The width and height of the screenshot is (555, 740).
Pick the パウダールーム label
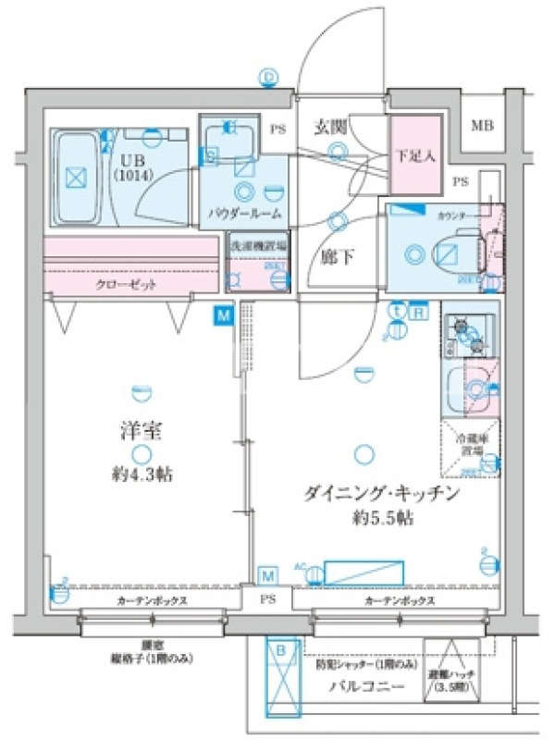[245, 215]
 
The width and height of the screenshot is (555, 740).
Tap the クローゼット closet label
[125, 284]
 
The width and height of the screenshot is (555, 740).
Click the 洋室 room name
[140, 430]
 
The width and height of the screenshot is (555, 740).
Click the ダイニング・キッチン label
[382, 495]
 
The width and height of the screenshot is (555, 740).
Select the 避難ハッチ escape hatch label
[452, 681]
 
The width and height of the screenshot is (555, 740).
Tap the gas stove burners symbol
[467, 334]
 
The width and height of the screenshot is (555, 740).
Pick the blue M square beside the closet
[223, 316]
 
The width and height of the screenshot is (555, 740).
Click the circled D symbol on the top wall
[270, 76]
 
